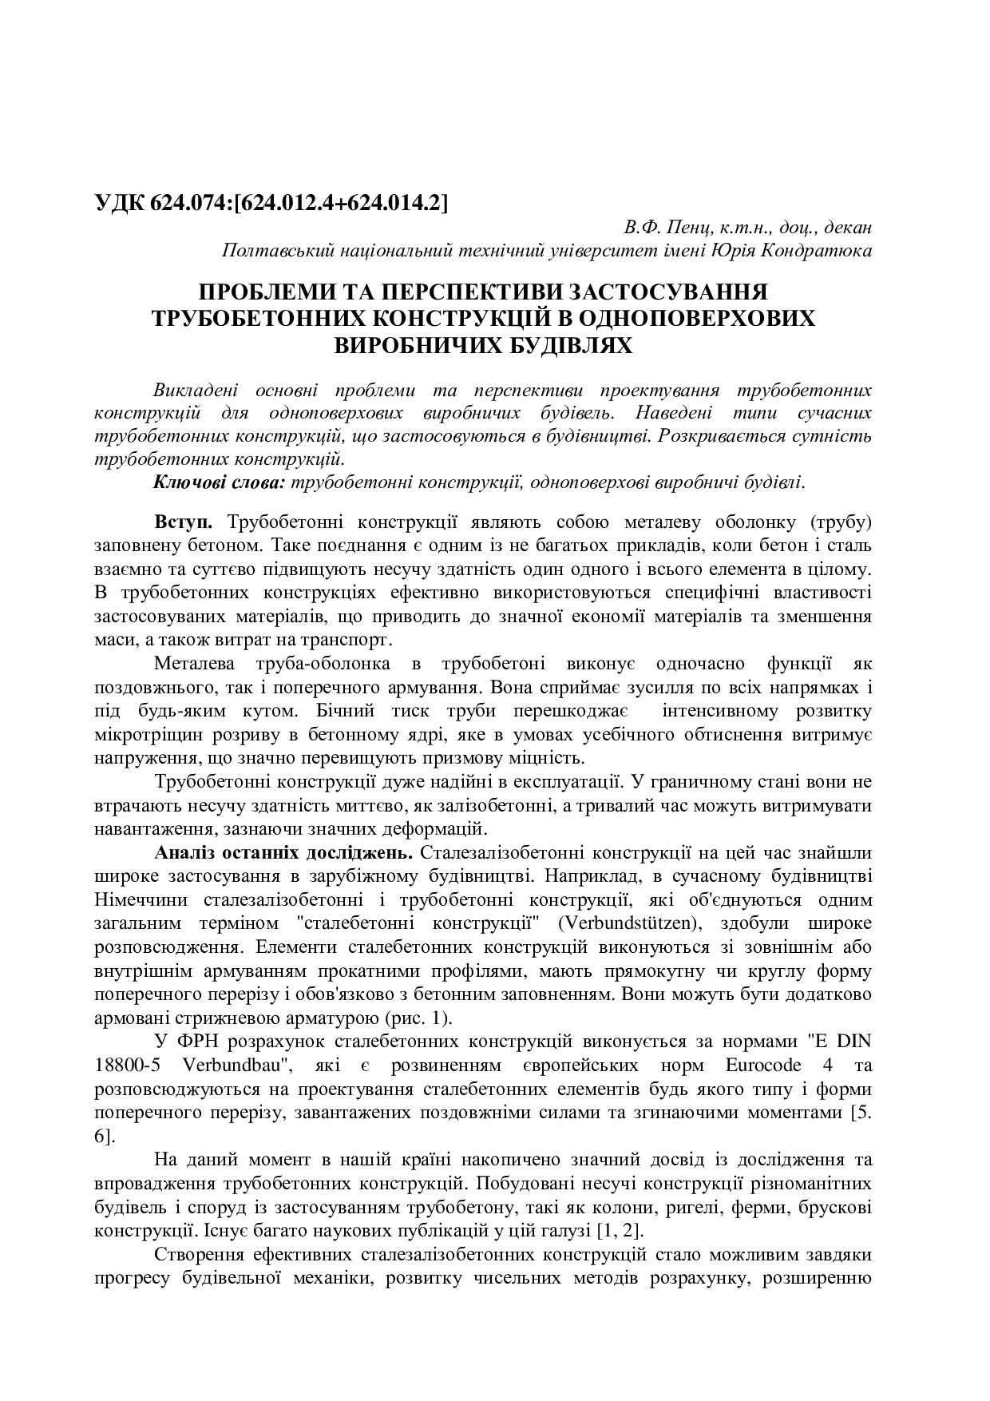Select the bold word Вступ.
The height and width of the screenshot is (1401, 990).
point(184,523)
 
